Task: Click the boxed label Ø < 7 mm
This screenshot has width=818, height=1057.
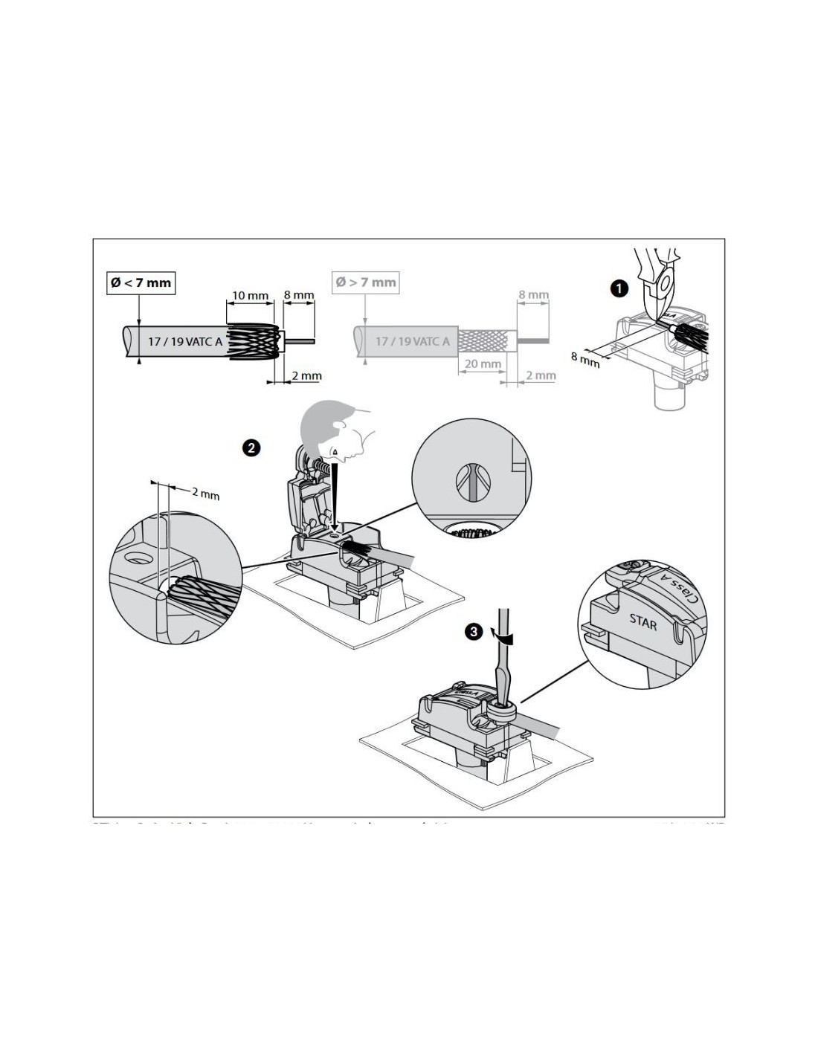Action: (141, 282)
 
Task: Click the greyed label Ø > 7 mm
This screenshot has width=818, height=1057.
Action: (365, 282)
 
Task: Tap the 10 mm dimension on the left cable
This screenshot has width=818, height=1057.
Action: (250, 296)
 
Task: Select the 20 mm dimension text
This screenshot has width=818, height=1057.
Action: (482, 364)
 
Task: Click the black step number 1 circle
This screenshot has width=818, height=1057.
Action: (619, 288)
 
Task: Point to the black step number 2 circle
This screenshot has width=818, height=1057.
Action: (251, 447)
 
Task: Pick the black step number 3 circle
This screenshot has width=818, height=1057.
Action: (472, 632)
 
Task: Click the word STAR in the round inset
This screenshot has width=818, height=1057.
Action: (643, 621)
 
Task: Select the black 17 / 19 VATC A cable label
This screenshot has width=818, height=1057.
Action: (184, 342)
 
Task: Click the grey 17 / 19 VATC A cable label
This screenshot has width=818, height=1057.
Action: (412, 342)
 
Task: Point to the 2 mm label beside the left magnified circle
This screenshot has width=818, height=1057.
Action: (205, 493)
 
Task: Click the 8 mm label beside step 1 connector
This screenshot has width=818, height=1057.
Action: (585, 359)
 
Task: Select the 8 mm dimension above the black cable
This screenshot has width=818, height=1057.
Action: (299, 295)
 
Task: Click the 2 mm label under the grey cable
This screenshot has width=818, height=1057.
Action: (541, 375)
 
